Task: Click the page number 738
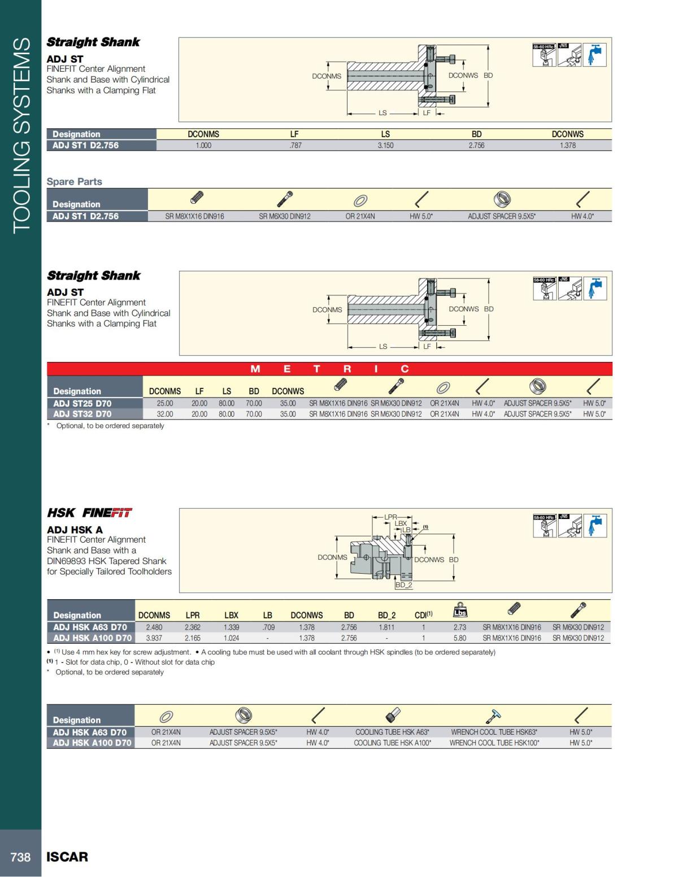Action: pos(20,857)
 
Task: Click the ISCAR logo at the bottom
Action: pos(67,857)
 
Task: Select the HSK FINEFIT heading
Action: pos(89,513)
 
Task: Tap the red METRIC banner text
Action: pos(329,369)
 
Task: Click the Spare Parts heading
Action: pos(74,181)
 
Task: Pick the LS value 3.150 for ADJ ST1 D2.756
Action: pos(385,145)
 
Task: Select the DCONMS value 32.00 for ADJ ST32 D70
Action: pos(165,414)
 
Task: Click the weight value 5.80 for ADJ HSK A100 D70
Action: pos(460,638)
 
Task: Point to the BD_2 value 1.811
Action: pos(386,627)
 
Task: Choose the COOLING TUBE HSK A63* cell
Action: pos(392,732)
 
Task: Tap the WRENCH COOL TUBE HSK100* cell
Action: pos(494,743)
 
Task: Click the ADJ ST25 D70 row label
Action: pos(82,403)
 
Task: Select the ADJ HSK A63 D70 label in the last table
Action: pos(90,732)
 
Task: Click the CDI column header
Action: pos(423,615)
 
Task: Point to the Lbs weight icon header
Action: pos(460,610)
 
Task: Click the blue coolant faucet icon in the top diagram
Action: pos(594,55)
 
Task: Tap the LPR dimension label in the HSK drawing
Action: pos(390,516)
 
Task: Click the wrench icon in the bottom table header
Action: pos(493,716)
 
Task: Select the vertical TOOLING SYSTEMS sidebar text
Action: pos(21,136)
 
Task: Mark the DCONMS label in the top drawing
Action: pos(327,76)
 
